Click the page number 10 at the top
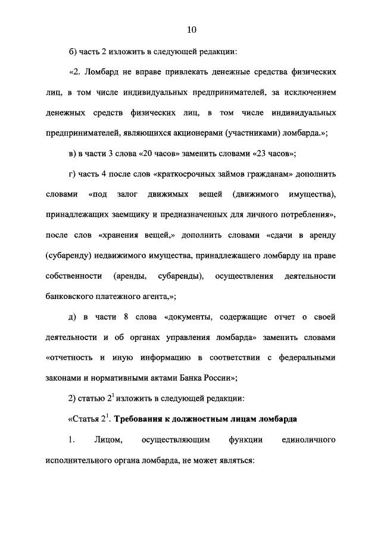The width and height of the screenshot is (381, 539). pos(190,30)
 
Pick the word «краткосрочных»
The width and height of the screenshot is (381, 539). pos(186,174)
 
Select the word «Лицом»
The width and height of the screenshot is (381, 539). pos(108,440)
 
